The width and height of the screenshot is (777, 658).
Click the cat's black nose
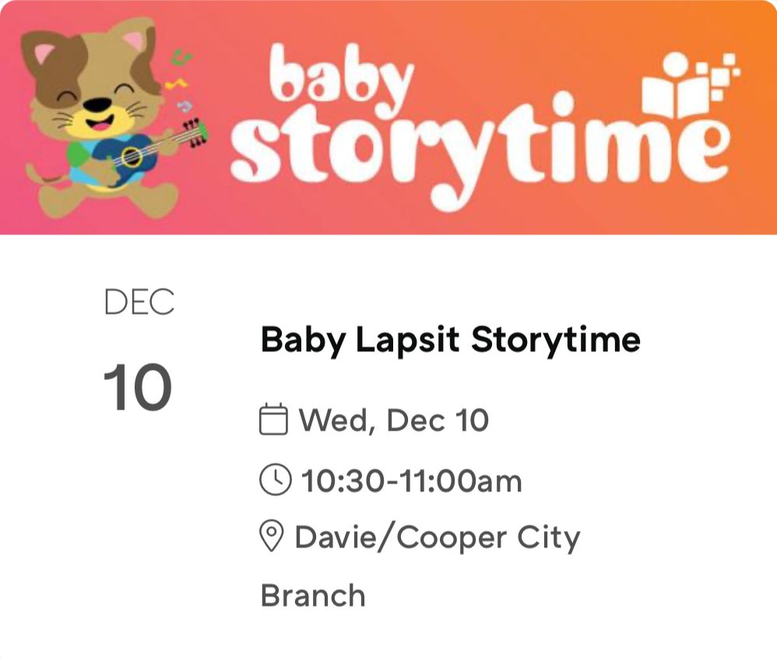pos(97,104)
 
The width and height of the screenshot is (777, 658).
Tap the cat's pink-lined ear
pos(44,55)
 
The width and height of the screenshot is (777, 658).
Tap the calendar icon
pos(274,420)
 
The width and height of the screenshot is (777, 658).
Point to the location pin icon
pos(271,537)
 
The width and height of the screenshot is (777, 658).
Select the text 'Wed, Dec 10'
pos(394,420)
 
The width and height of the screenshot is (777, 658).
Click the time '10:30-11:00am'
pos(411,481)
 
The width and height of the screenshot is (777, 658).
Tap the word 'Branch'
pos(312,596)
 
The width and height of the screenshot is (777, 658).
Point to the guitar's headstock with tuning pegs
pos(195,132)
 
